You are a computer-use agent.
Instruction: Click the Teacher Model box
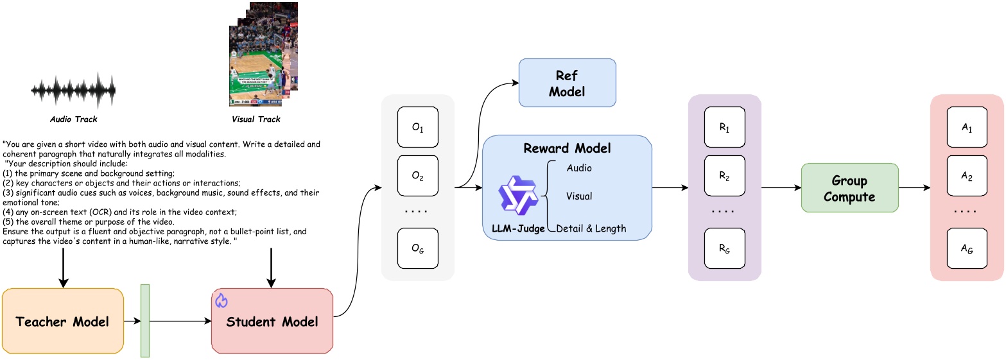click(x=63, y=321)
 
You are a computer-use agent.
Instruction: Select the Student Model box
click(x=272, y=321)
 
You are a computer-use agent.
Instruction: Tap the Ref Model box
click(x=567, y=83)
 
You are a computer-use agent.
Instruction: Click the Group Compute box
click(x=849, y=187)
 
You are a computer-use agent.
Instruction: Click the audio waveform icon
click(x=74, y=90)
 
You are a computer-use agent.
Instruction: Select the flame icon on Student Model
click(x=221, y=300)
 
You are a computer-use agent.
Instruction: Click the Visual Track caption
click(x=256, y=119)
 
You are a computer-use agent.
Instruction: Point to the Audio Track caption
click(x=74, y=119)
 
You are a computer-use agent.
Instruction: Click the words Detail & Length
click(x=591, y=228)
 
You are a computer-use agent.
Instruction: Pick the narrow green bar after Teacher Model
click(x=144, y=320)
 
